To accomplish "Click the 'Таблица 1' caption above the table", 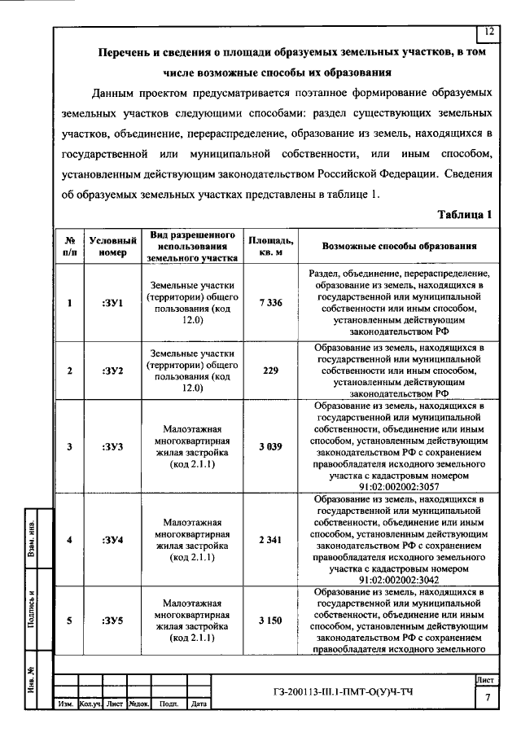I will [x=465, y=215].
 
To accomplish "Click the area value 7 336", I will [x=270, y=303].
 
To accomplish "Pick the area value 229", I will [x=270, y=371].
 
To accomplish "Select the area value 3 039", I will [x=270, y=445].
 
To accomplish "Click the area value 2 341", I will [x=270, y=539].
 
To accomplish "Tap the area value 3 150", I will [x=270, y=621].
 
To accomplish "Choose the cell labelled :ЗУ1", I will [x=113, y=303].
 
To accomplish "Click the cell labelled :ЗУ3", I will [x=113, y=445].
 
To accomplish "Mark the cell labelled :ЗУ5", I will [x=113, y=621].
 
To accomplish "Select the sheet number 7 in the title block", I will [x=487, y=698].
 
